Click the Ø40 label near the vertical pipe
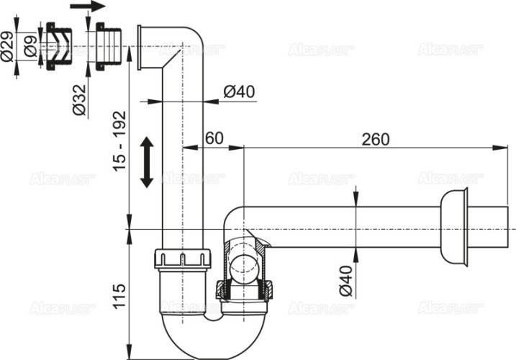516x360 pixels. pyautogui.click(x=240, y=91)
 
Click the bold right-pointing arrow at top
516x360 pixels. pyautogui.click(x=87, y=7)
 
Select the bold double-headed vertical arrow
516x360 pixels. pyautogui.click(x=146, y=163)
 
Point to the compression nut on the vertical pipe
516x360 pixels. pyautogui.click(x=182, y=259)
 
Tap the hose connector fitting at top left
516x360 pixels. pyautogui.click(x=55, y=48)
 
